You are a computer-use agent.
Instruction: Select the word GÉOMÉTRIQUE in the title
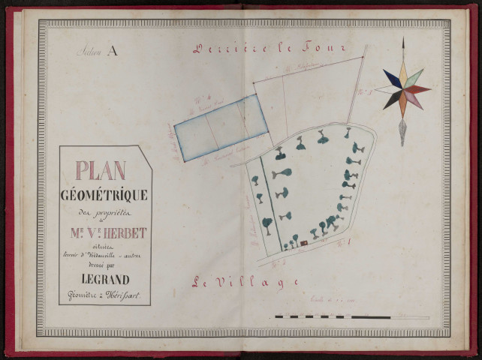pos(104,195)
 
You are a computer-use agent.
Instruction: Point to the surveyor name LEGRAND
pos(104,280)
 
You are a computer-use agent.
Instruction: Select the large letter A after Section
pos(113,52)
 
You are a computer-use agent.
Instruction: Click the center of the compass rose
pos(402,89)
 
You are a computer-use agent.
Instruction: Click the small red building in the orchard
pos(304,242)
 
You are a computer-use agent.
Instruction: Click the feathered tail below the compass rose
pos(403,133)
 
